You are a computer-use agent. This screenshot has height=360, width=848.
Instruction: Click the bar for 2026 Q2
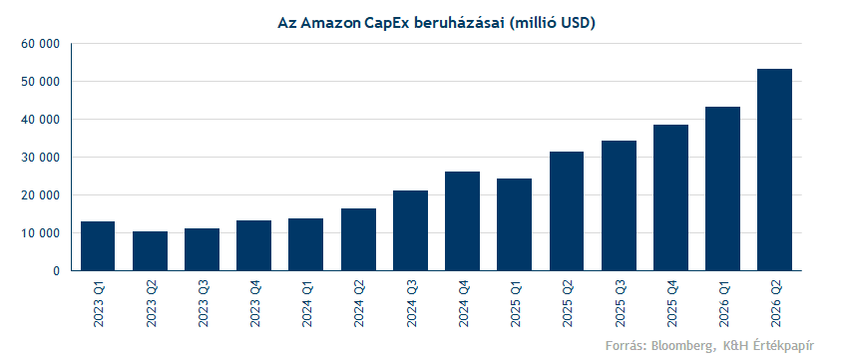[x=774, y=170]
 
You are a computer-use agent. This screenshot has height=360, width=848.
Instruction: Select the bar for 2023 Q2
[x=150, y=251]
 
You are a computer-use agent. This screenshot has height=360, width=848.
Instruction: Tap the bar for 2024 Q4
[x=462, y=221]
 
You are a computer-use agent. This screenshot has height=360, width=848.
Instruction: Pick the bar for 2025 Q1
[x=515, y=224]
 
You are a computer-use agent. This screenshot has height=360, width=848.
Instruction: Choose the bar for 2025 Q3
[x=619, y=206]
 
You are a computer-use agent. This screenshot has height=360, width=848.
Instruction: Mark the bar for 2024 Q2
[x=358, y=239]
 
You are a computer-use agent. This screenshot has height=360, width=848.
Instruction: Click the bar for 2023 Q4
[x=253, y=245]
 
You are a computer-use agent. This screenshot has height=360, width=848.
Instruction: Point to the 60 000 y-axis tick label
[x=40, y=44]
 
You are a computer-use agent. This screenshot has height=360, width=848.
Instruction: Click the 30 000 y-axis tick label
[x=40, y=158]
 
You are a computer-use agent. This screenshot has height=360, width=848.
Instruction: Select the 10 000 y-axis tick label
[x=40, y=233]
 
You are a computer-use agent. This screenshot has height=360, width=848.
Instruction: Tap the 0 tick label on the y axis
[x=55, y=271]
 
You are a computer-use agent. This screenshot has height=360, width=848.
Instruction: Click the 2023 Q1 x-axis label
[x=98, y=304]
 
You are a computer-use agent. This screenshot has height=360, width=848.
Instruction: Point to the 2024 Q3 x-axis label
[x=410, y=304]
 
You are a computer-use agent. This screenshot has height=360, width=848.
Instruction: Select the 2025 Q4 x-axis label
[x=671, y=304]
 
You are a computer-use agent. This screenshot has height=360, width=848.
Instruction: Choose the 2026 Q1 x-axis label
[x=723, y=304]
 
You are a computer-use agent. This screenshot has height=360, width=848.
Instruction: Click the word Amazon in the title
[x=328, y=24]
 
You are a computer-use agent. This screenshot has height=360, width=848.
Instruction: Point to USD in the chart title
[x=578, y=24]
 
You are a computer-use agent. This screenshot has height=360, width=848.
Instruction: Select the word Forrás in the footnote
[x=626, y=345]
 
